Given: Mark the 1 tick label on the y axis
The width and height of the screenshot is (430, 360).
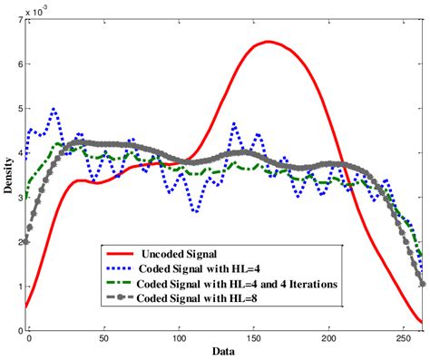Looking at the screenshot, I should (x=17, y=287).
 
